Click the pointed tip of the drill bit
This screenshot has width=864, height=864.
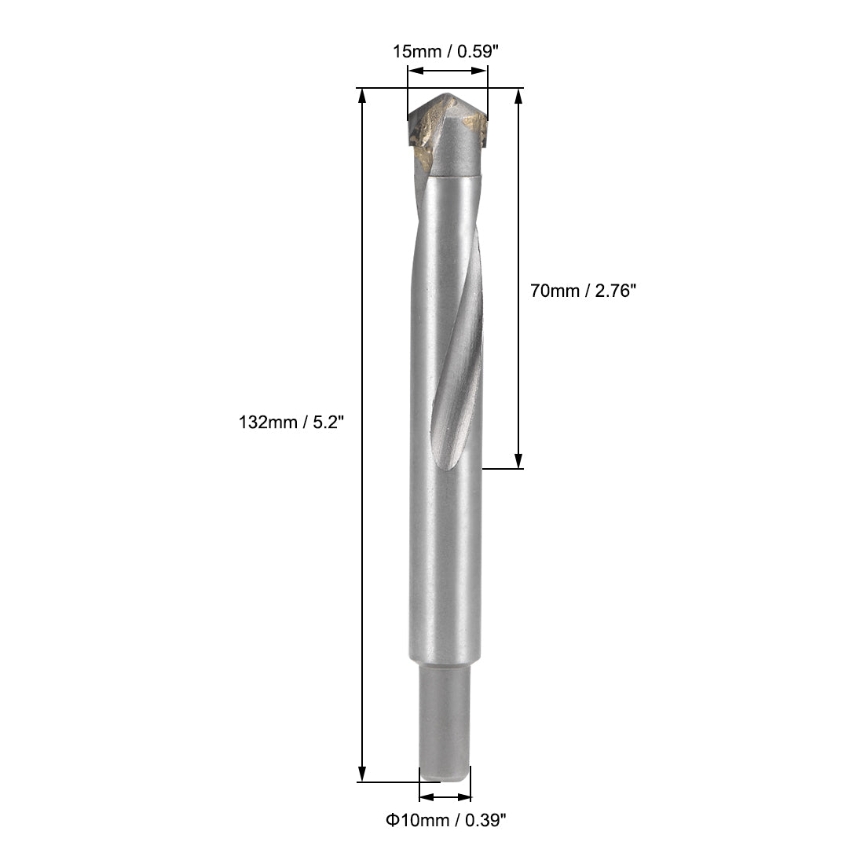pyautogui.click(x=448, y=97)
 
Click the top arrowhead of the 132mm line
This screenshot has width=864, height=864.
pyautogui.click(x=362, y=95)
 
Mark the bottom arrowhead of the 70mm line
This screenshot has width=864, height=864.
pyautogui.click(x=518, y=462)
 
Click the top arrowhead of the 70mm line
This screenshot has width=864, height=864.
pyautogui.click(x=518, y=96)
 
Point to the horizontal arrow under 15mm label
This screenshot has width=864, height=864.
pyautogui.click(x=448, y=71)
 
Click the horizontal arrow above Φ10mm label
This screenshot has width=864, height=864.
pyautogui.click(x=445, y=796)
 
